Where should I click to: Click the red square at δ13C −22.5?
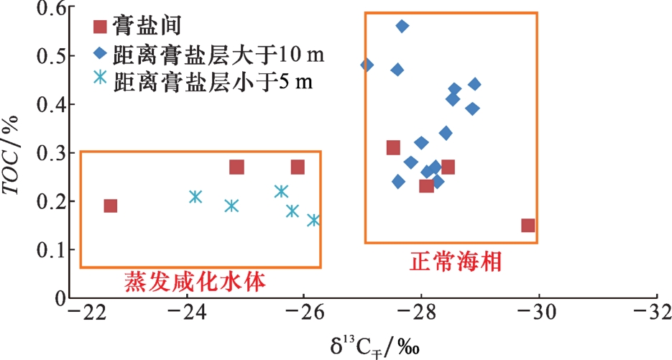(110, 206)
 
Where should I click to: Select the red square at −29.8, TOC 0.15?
(528, 226)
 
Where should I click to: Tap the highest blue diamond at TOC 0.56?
(402, 26)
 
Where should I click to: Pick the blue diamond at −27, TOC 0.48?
(367, 65)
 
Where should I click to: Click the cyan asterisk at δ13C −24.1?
(195, 196)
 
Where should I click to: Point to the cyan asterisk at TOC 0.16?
(313, 220)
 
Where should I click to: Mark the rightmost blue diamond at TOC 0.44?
(474, 84)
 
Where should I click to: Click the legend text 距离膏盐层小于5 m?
(212, 79)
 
